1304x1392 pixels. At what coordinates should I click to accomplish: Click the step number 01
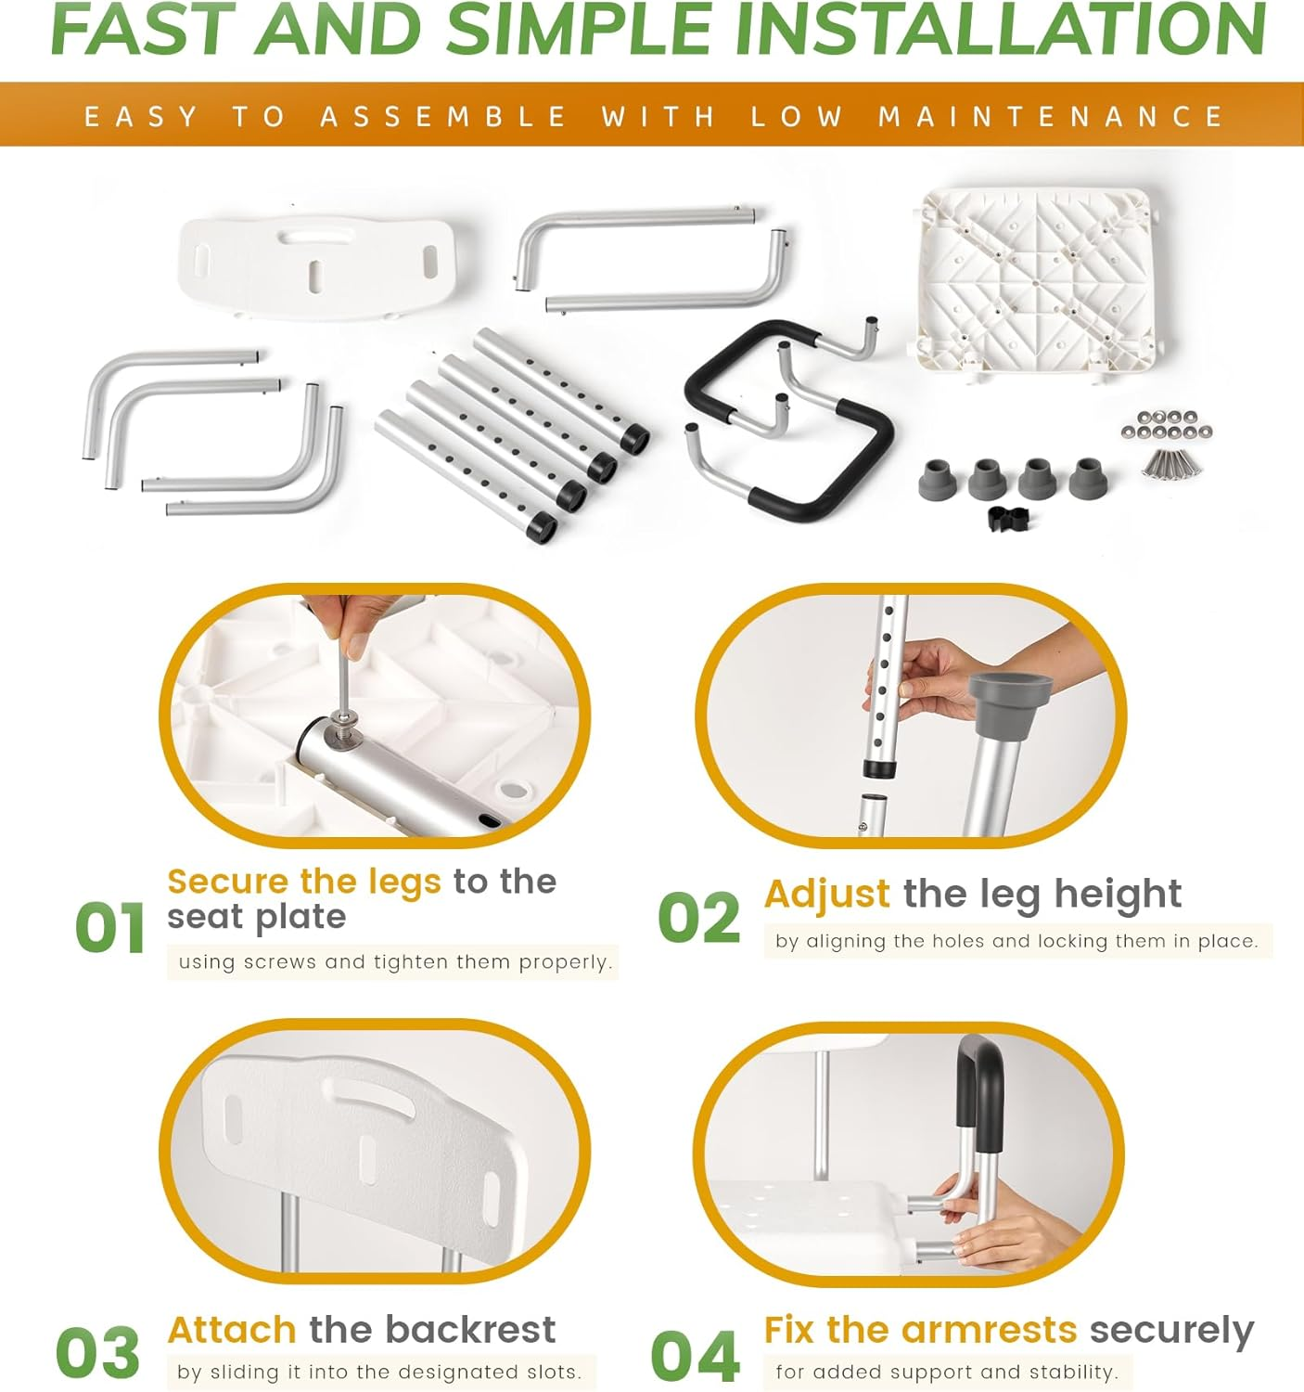110,927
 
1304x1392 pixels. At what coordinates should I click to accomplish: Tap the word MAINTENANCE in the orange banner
1051,116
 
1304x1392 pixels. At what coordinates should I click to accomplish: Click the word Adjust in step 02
826,896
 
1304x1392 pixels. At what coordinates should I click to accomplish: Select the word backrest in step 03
470,1329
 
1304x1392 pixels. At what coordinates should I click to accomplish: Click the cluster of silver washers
1166,425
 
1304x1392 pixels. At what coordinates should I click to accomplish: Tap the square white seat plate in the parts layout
1036,282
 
